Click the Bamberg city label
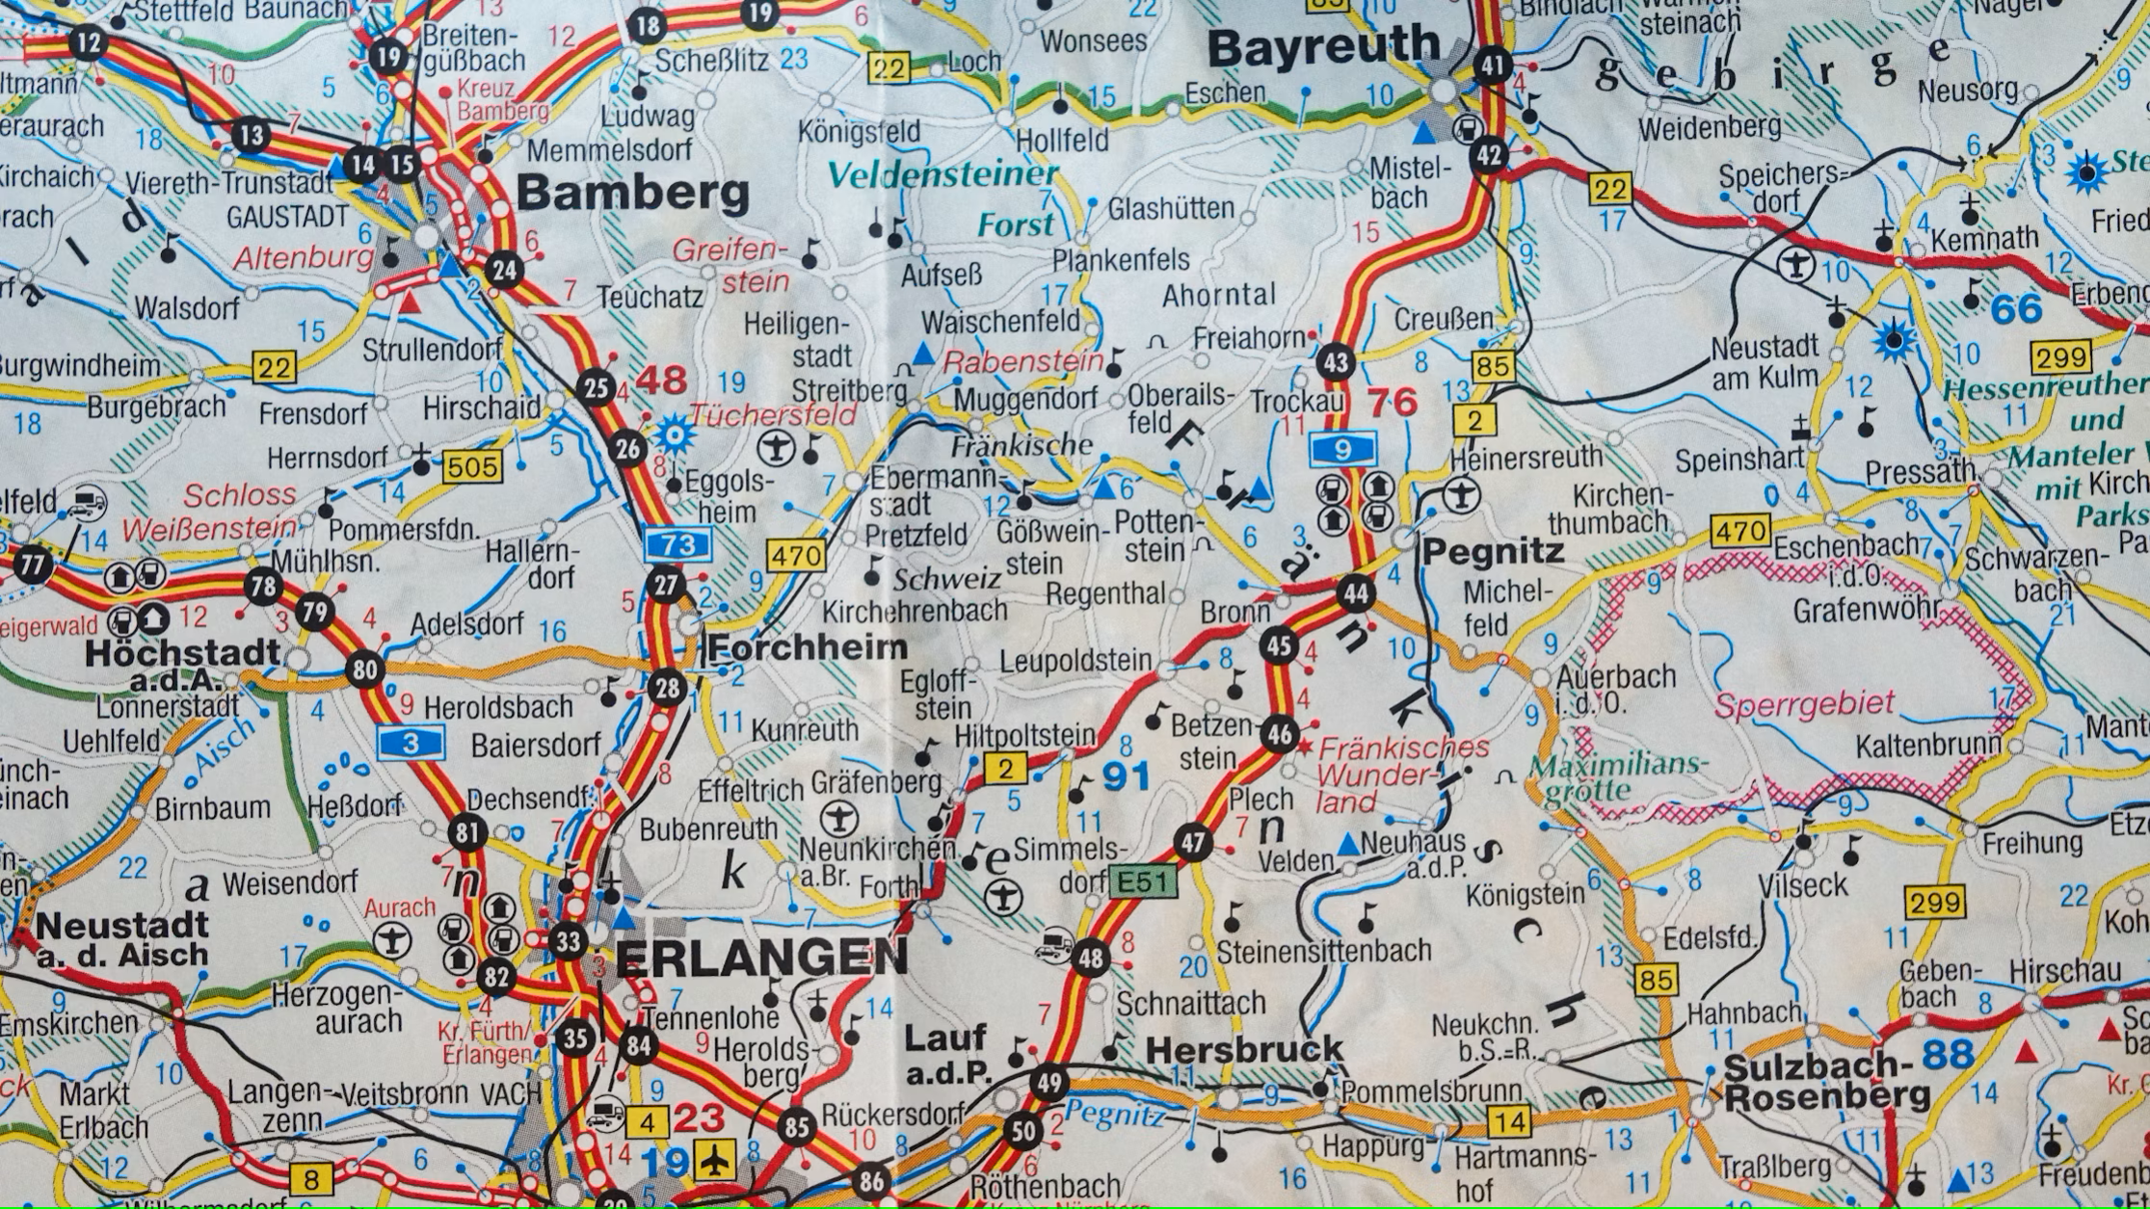coord(633,193)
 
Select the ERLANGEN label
coord(760,957)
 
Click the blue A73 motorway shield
coord(678,545)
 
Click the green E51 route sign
coord(1143,880)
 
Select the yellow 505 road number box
coord(472,468)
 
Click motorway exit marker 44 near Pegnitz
coord(1356,593)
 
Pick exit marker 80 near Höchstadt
coord(365,670)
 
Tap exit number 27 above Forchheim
coord(666,586)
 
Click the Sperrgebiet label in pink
coord(1804,705)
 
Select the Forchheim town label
coord(808,647)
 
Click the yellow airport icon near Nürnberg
coord(716,1159)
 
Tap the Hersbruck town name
coord(1244,1049)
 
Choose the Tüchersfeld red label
coord(772,414)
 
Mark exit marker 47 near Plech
coord(1193,844)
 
